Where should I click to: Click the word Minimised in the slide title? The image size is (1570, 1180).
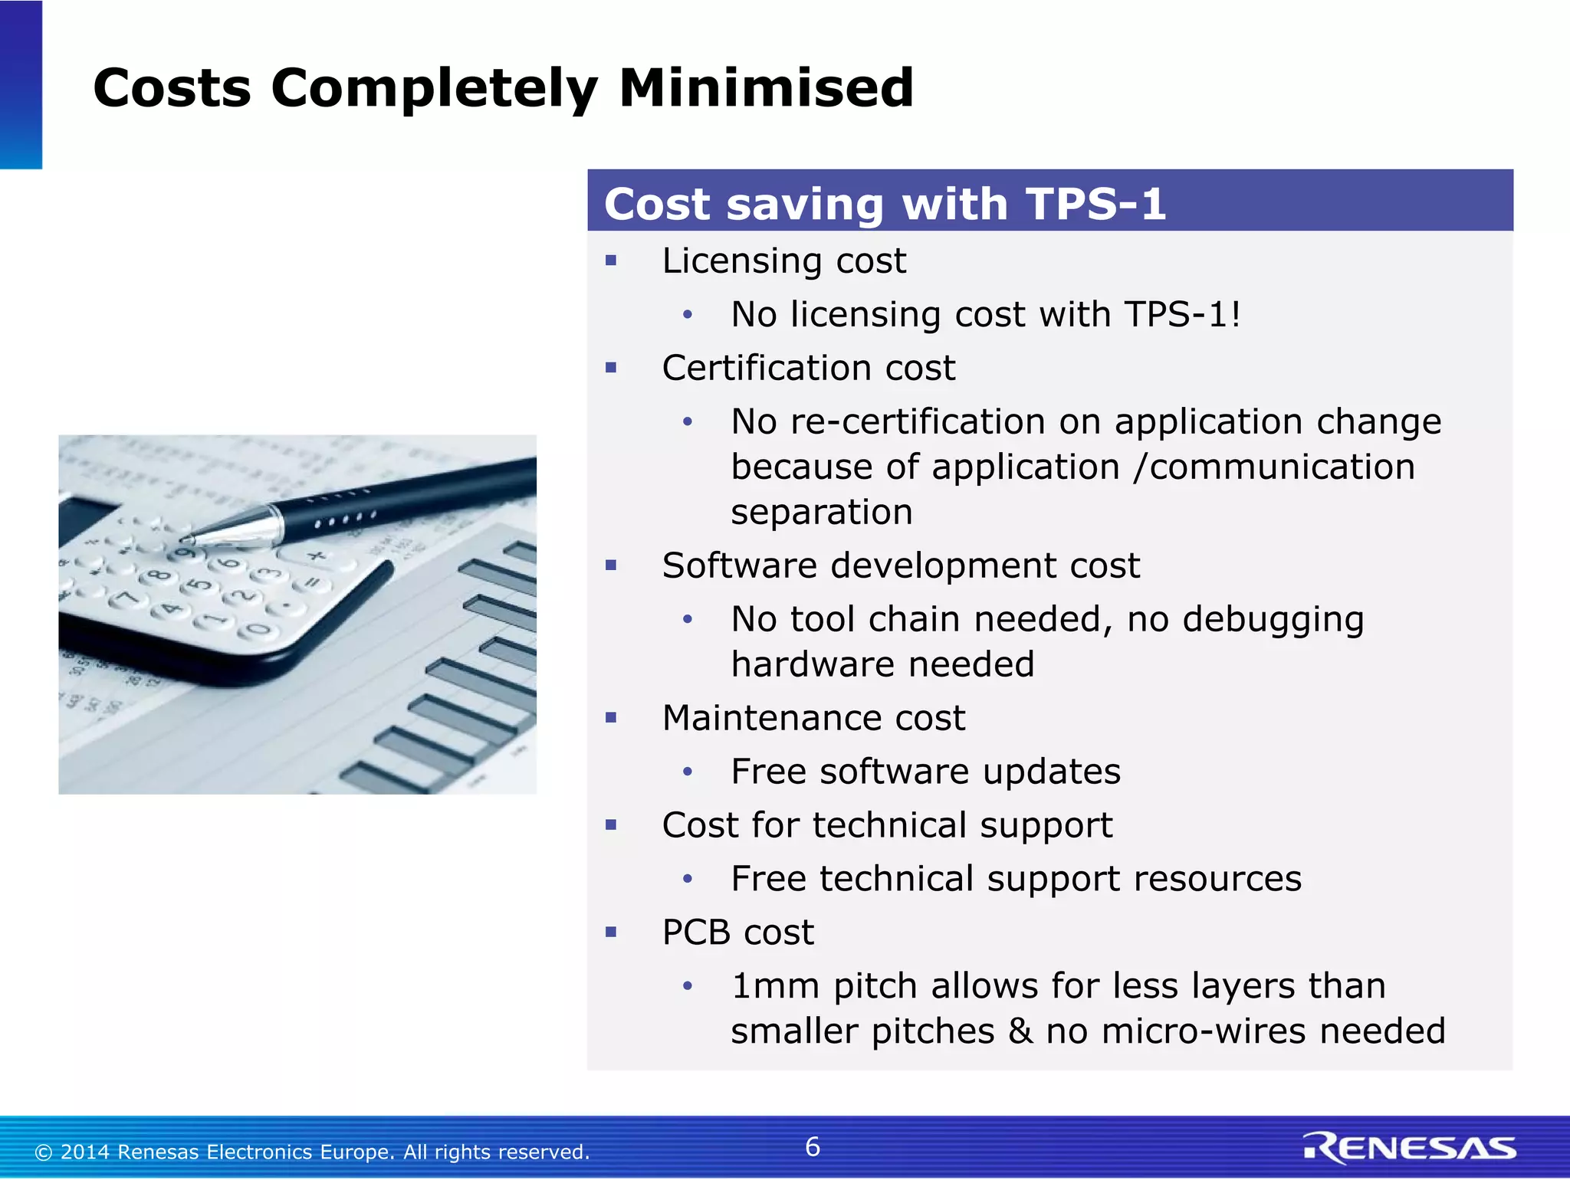click(x=766, y=88)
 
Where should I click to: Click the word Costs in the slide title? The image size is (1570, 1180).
click(x=172, y=88)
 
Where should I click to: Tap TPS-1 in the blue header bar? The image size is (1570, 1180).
click(x=1096, y=205)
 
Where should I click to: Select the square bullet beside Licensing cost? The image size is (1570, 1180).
click(x=611, y=261)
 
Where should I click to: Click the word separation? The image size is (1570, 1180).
click(x=821, y=513)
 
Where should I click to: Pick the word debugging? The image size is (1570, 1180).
click(x=1273, y=620)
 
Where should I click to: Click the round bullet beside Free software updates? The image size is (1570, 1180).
click(x=688, y=772)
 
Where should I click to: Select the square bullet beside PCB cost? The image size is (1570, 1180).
click(x=611, y=933)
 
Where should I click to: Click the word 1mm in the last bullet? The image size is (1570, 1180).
click(x=775, y=986)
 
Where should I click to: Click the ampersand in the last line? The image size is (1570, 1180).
click(x=1020, y=1031)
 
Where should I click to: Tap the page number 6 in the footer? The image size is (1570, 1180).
click(x=813, y=1147)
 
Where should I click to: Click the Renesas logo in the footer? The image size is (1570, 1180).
click(x=1409, y=1148)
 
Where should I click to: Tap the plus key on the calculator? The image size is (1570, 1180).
click(x=315, y=556)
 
